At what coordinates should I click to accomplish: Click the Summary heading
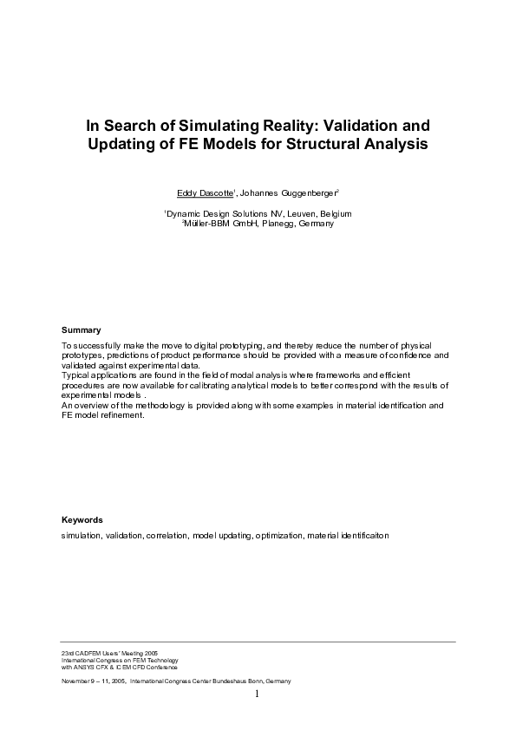[x=81, y=330]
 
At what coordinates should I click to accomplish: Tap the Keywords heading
[x=82, y=520]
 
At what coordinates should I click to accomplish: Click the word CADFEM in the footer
[x=82, y=651]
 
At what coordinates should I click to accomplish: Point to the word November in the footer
[x=75, y=681]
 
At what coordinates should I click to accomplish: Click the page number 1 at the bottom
[x=258, y=694]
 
